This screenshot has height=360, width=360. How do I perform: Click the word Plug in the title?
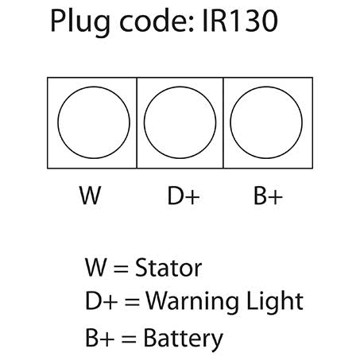(80, 22)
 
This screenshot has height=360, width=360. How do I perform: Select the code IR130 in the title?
(240, 21)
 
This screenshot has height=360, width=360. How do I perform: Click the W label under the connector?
(91, 195)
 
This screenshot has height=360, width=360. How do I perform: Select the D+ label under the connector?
(184, 195)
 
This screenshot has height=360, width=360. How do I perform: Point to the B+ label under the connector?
(268, 195)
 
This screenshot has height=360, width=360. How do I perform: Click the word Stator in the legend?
(168, 268)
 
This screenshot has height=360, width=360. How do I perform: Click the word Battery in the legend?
(183, 339)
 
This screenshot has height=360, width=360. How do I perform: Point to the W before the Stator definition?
(96, 268)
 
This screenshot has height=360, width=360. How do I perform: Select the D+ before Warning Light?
(102, 300)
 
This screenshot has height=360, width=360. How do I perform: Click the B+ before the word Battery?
(100, 337)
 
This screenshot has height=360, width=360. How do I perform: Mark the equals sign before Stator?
(121, 269)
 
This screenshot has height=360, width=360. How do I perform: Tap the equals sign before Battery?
(129, 339)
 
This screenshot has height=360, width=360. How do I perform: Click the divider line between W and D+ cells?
(137, 123)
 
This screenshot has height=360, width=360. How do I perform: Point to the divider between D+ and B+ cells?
(223, 123)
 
